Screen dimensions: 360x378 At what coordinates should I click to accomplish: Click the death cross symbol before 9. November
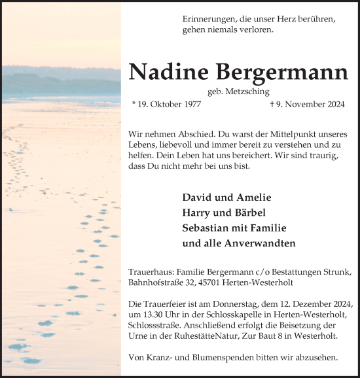pos(272,104)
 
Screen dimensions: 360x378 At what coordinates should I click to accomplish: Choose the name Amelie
pos(251,197)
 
